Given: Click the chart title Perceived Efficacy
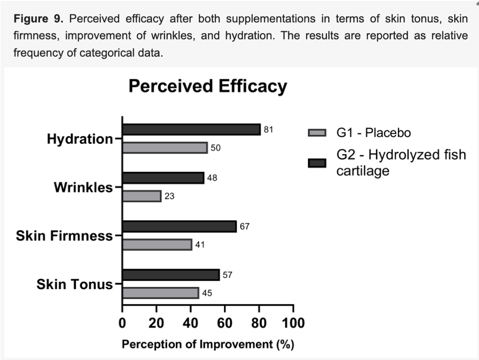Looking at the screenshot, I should pyautogui.click(x=208, y=87).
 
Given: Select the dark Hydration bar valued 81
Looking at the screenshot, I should pyautogui.click(x=191, y=129).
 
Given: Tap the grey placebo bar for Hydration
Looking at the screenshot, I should pyautogui.click(x=165, y=148).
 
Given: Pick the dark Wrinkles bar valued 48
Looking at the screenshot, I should pyautogui.click(x=163, y=178).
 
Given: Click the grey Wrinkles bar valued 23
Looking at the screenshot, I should pyautogui.click(x=142, y=196).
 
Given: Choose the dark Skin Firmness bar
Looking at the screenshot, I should pyautogui.click(x=179, y=226).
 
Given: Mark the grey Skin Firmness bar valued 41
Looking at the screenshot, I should pyautogui.click(x=157, y=245).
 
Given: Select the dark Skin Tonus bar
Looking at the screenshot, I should pyautogui.click(x=171, y=275).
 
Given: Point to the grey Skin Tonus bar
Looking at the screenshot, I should pyautogui.click(x=160, y=293).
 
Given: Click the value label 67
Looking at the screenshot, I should pyautogui.click(x=245, y=226).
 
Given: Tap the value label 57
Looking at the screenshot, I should pyautogui.click(x=228, y=275).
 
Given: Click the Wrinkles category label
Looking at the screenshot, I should pyautogui.click(x=83, y=187).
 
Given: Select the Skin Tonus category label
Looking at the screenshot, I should pyautogui.click(x=75, y=285).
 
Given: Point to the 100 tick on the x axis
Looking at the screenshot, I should pyautogui.click(x=293, y=323).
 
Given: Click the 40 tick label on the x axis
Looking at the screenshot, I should pyautogui.click(x=191, y=323).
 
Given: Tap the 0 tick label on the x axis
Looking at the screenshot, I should pyautogui.click(x=122, y=323).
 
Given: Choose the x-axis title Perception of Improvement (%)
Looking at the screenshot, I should pyautogui.click(x=208, y=345).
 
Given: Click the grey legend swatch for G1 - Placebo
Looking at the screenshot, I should pyautogui.click(x=317, y=133).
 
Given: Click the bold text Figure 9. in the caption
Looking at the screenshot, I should pyautogui.click(x=39, y=19).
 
